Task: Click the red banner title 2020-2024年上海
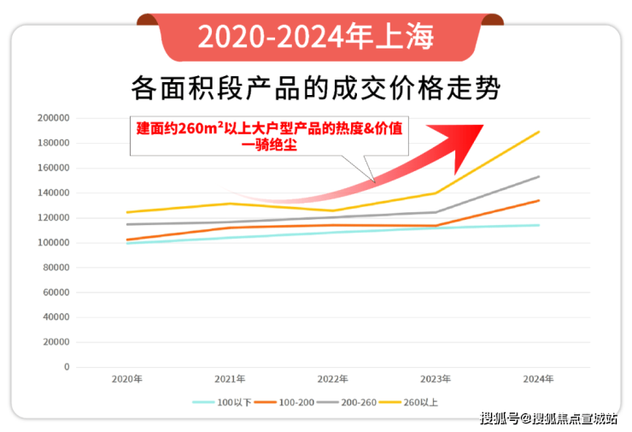pyautogui.click(x=315, y=37)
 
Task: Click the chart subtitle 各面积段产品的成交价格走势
pyautogui.click(x=315, y=86)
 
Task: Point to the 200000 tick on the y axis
pyautogui.click(x=54, y=118)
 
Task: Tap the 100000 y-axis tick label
pyautogui.click(x=54, y=243)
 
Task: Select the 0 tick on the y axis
pyautogui.click(x=67, y=367)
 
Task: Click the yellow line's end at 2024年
pyautogui.click(x=539, y=132)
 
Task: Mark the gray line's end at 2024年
pyautogui.click(x=539, y=176)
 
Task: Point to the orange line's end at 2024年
pyautogui.click(x=539, y=200)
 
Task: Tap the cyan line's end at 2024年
pyautogui.click(x=539, y=225)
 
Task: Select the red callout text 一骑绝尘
pyautogui.click(x=268, y=145)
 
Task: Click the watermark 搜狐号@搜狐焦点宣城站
pyautogui.click(x=549, y=418)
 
